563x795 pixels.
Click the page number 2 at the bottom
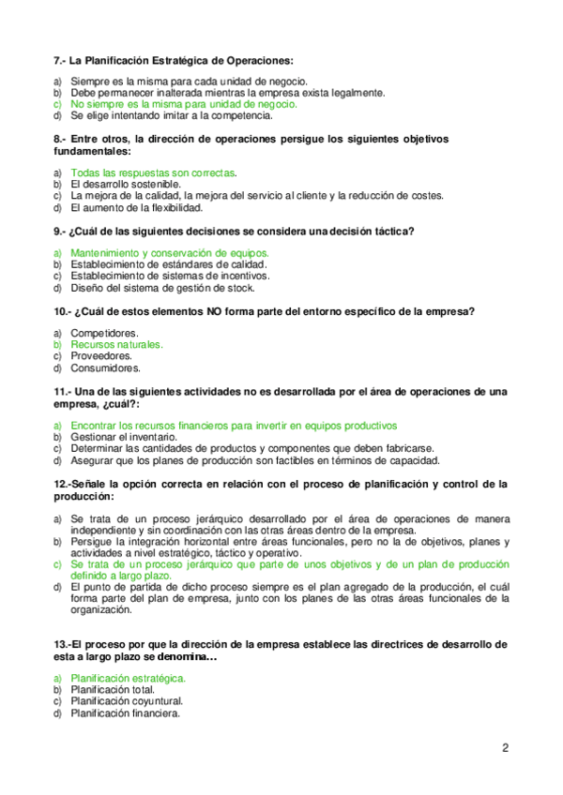click(x=505, y=748)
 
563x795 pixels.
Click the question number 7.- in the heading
click(x=60, y=59)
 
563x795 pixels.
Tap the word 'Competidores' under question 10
click(x=104, y=333)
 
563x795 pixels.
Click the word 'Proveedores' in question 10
click(x=101, y=356)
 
